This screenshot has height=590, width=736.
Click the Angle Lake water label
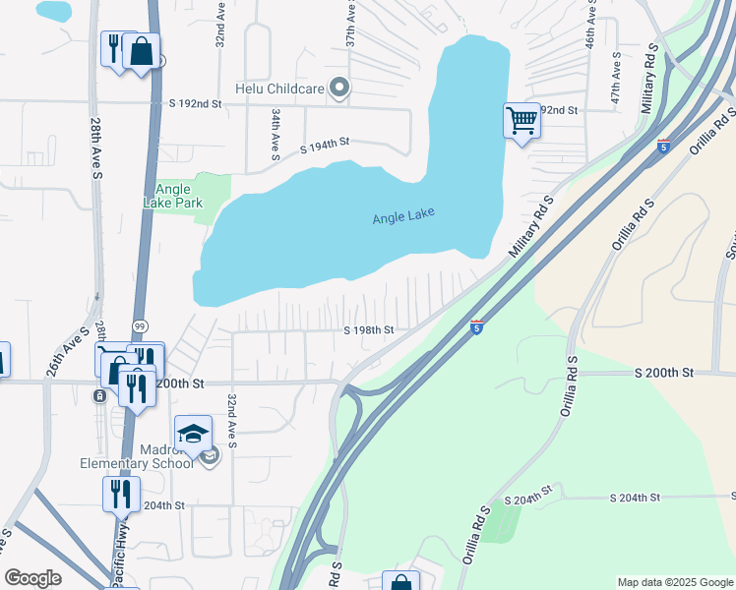[403, 217]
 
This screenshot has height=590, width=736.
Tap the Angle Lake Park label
[179, 198]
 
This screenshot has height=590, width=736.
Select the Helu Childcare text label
[279, 88]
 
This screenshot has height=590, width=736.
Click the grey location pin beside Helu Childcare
[339, 88]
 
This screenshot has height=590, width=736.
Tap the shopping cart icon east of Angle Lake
[521, 121]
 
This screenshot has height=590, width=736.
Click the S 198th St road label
[369, 330]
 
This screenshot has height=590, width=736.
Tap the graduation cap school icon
[193, 432]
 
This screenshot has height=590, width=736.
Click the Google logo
[32, 578]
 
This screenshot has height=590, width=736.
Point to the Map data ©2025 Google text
[675, 582]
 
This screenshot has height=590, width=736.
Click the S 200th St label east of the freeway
[664, 373]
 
